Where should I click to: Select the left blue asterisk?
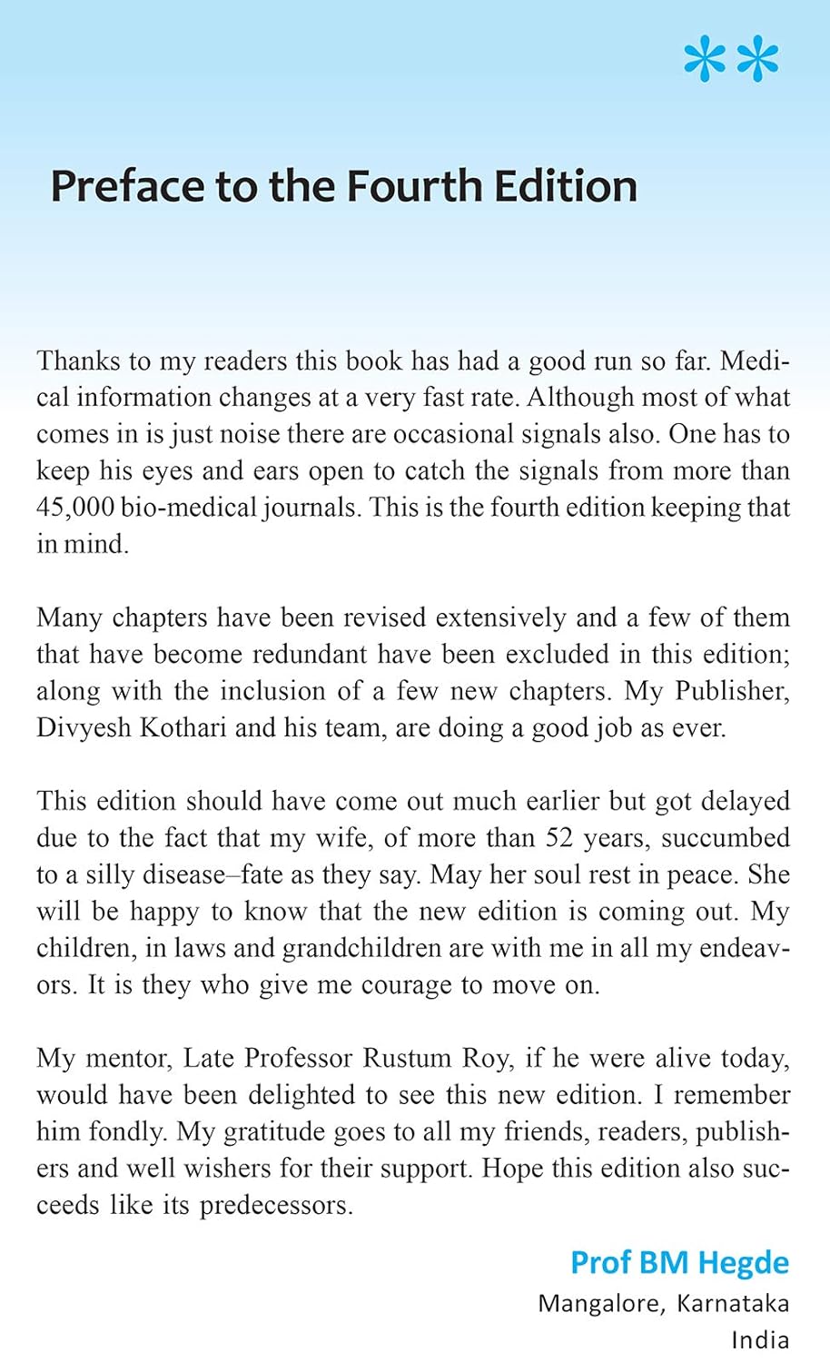[705, 61]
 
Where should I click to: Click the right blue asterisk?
[758, 61]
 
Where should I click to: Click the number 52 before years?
[559, 838]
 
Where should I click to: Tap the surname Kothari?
[183, 728]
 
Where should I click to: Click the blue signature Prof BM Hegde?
[679, 1262]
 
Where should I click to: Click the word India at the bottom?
[760, 1339]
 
